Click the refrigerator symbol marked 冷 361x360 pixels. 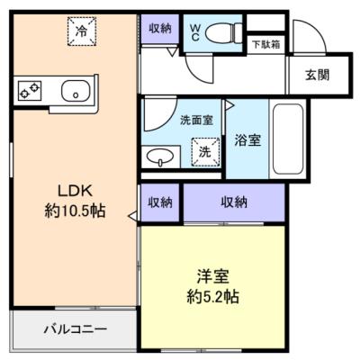tap(82, 31)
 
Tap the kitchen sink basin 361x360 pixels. tap(76, 90)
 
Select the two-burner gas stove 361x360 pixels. tap(30, 90)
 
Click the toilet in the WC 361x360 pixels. tap(224, 32)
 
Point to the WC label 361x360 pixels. tap(194, 32)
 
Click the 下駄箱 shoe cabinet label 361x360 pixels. tap(266, 45)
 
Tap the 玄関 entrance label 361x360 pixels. tap(317, 75)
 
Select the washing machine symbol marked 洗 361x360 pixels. tap(206, 152)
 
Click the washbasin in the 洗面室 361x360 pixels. tap(160, 157)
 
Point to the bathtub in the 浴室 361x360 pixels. tap(288, 139)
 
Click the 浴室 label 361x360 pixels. tap(248, 140)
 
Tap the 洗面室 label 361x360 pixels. tap(196, 121)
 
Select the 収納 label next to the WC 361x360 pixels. tap(160, 29)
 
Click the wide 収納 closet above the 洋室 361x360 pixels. tap(234, 202)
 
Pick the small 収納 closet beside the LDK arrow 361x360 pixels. tap(160, 202)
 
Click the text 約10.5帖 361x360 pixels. tap(75, 211)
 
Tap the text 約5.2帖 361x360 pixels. tap(212, 297)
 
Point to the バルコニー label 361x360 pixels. tap(76, 329)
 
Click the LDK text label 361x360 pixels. tap(75, 191)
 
